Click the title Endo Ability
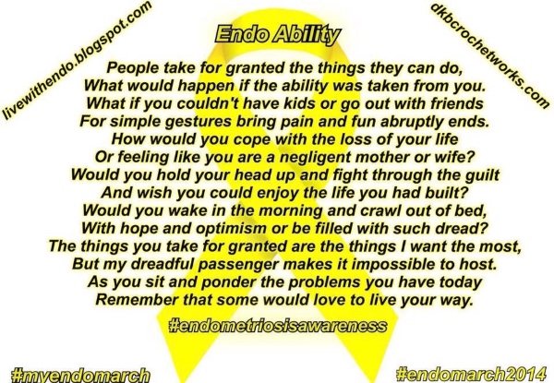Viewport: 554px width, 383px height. (x=278, y=35)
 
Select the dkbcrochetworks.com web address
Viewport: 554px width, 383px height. (x=489, y=54)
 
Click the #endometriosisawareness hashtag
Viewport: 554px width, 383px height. (x=278, y=326)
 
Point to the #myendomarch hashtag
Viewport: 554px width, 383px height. (x=80, y=375)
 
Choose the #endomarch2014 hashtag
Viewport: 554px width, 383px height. (x=471, y=374)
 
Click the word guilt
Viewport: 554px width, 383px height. (x=482, y=174)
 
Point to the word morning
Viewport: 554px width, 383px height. (x=291, y=211)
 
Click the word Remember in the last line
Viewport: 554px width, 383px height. (x=137, y=300)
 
